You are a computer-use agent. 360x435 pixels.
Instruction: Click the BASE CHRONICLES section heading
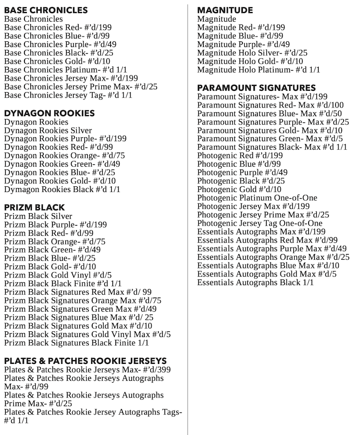pyautogui.click(x=46, y=10)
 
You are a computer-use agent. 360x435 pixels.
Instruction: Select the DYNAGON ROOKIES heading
pyautogui.click(x=49, y=113)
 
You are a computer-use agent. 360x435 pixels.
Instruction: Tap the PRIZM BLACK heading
pyautogui.click(x=35, y=207)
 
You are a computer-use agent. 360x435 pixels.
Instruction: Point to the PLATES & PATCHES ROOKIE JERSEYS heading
pyautogui.click(x=85, y=361)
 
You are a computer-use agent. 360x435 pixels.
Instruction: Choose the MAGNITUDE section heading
pyautogui.click(x=225, y=10)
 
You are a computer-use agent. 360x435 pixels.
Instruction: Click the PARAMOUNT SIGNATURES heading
pyautogui.click(x=256, y=87)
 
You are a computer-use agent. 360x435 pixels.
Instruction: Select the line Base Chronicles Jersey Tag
pyautogui.click(x=68, y=95)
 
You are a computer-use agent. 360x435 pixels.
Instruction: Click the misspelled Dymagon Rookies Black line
pyautogui.click(x=62, y=190)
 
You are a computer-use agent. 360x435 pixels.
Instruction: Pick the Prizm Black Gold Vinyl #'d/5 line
pyautogui.click(x=58, y=275)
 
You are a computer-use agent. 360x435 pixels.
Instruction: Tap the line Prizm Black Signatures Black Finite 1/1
pyautogui.click(x=76, y=343)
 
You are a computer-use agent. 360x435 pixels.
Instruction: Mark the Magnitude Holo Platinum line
pyautogui.click(x=258, y=70)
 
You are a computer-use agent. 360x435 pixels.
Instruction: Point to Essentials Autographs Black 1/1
pyautogui.click(x=255, y=282)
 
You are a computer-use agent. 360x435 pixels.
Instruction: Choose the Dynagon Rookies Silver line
pyautogui.click(x=48, y=130)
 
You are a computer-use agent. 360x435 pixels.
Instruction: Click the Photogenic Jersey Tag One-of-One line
pyautogui.click(x=260, y=223)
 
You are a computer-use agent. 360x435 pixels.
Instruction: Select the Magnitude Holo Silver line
pyautogui.click(x=252, y=53)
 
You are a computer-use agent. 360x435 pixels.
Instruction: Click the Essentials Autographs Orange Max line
pyautogui.click(x=273, y=257)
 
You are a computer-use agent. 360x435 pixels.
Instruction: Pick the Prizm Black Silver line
pyautogui.click(x=38, y=216)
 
